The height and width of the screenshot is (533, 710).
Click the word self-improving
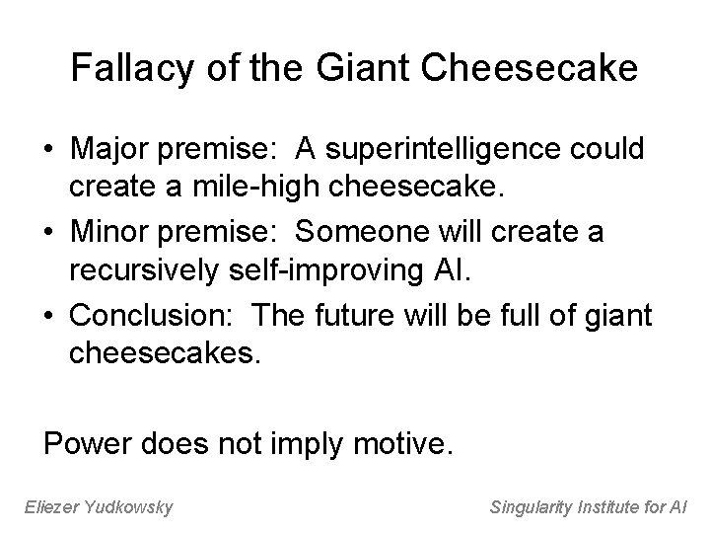tap(315, 273)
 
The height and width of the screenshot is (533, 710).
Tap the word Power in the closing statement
tap(86, 442)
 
